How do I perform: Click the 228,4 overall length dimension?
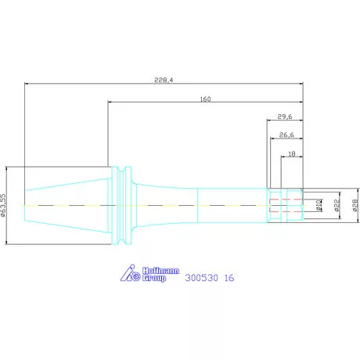coord(164,80)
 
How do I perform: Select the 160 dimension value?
coord(205,99)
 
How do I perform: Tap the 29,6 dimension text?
coord(285,117)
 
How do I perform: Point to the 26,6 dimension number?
coord(286,135)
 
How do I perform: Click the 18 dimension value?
coord(292,154)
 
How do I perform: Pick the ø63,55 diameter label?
coord(3,205)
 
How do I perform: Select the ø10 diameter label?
coord(319,205)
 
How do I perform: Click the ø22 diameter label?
coord(337,205)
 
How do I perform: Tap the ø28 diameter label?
coord(355,205)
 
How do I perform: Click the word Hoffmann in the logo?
coord(160,271)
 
